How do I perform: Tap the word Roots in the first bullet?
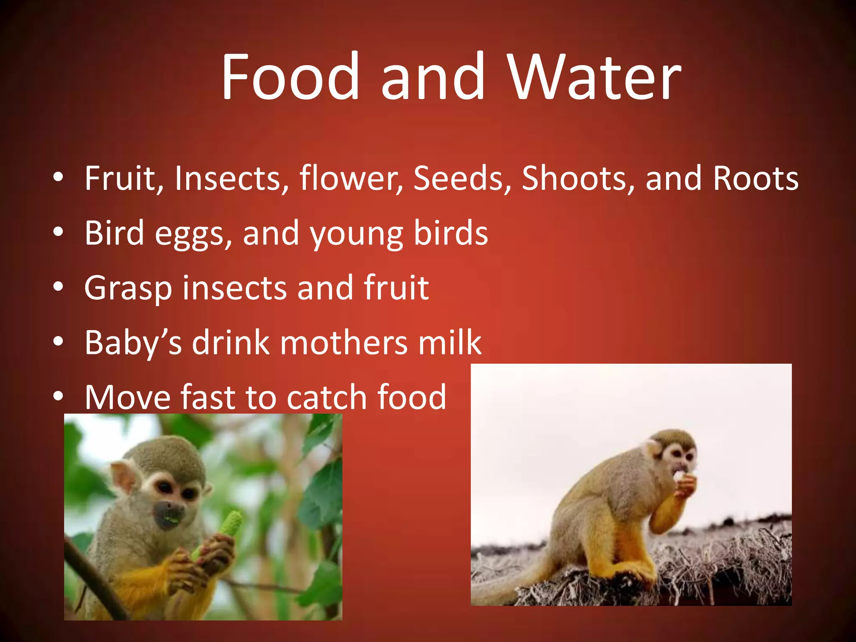(756, 179)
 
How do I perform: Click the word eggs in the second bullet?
(193, 234)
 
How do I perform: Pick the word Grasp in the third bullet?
(128, 288)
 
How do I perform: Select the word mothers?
(344, 343)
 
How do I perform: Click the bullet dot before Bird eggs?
(59, 232)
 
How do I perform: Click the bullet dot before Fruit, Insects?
(59, 177)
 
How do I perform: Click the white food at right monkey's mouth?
(679, 476)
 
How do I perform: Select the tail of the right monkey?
(510, 585)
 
